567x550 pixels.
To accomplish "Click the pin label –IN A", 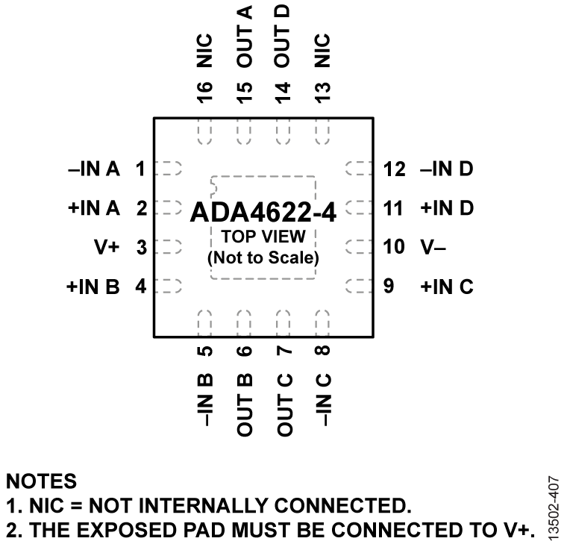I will point(94,169).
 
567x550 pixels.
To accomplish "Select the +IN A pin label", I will point(93,208).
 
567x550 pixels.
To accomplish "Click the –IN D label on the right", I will point(446,169).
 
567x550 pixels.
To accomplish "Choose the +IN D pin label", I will point(447,208).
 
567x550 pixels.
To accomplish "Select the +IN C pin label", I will point(447,287).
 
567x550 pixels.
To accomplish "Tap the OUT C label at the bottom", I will point(283,403).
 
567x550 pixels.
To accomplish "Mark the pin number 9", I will point(388,287).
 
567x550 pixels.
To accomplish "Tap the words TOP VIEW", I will point(263,240).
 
